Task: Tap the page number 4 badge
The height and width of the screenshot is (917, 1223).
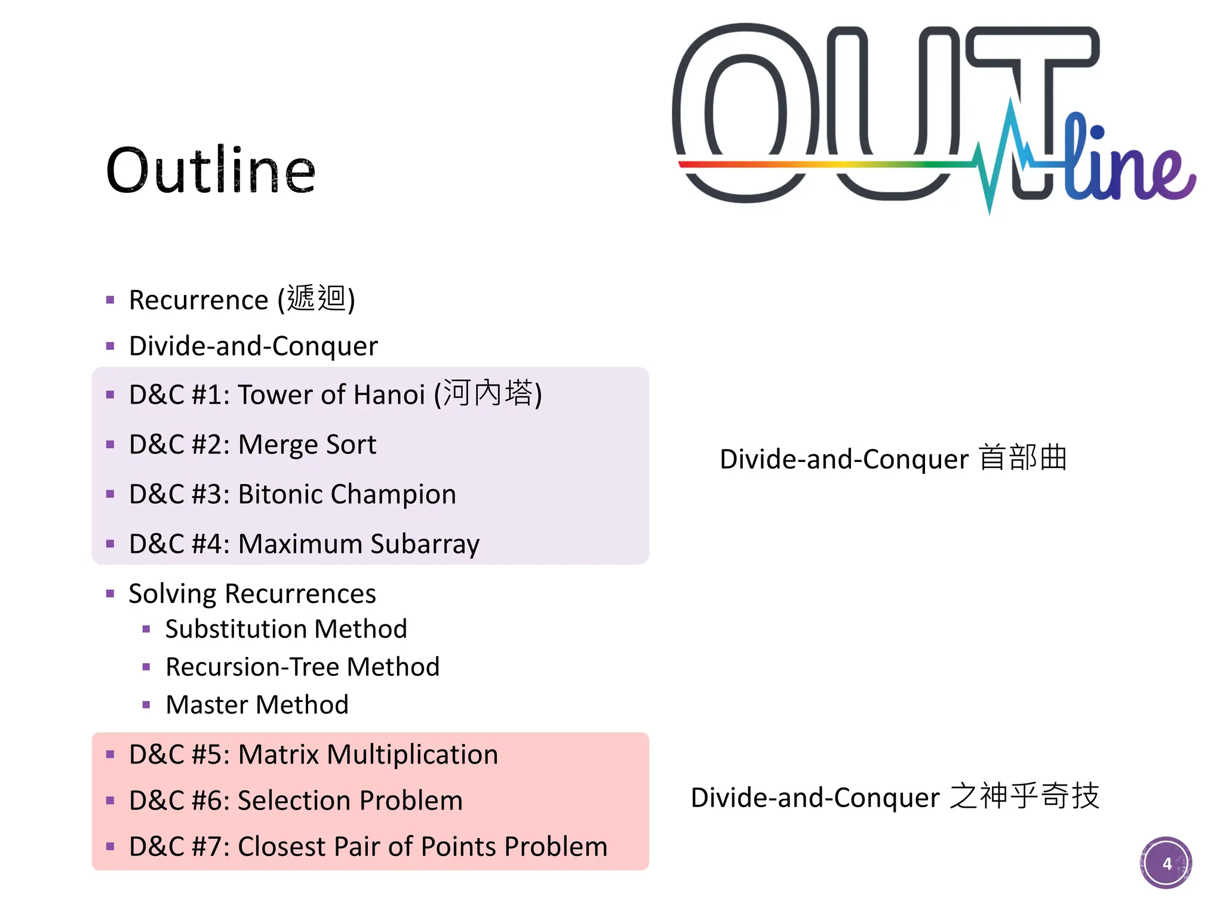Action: [1166, 863]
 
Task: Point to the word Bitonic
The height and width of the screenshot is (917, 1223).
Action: [280, 494]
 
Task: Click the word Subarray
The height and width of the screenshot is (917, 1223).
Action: [425, 544]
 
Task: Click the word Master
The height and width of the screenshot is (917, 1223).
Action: [207, 705]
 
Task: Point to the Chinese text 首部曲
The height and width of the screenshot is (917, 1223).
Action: [1022, 458]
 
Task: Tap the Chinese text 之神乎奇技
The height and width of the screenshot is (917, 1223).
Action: [1025, 796]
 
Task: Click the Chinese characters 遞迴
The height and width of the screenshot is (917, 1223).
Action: [316, 299]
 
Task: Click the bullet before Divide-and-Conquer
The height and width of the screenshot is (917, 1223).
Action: [110, 346]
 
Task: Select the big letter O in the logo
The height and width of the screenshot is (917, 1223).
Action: [745, 113]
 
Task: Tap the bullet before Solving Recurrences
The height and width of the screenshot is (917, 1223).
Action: [110, 593]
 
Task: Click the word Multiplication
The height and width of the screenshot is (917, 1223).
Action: [413, 755]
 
